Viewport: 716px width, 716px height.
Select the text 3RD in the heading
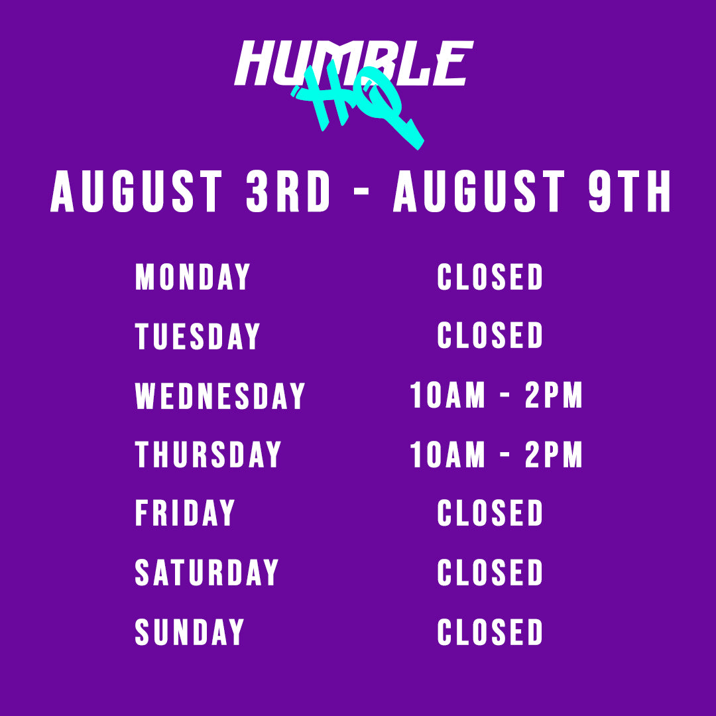tap(288, 191)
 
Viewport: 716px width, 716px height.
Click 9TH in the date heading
tap(629, 191)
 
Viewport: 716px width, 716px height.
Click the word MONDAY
tap(193, 276)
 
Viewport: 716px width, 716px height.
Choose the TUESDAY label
tap(198, 335)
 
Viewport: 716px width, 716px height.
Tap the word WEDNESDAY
tap(219, 395)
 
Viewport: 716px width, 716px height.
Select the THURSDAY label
tap(208, 454)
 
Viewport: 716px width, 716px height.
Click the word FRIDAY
tap(185, 512)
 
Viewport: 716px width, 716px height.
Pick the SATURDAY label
tap(206, 571)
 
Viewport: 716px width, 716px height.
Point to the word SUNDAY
tap(190, 632)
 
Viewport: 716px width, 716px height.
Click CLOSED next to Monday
tap(490, 276)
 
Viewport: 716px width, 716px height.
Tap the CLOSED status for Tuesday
tap(490, 335)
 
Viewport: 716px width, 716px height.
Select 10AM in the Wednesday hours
tap(447, 395)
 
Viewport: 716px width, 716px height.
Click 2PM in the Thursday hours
tap(554, 454)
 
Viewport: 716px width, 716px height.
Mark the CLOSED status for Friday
tap(490, 512)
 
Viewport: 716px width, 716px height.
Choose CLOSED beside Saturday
tap(490, 571)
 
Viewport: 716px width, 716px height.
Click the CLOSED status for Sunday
tap(490, 632)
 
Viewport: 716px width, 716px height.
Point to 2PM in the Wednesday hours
tap(554, 395)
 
